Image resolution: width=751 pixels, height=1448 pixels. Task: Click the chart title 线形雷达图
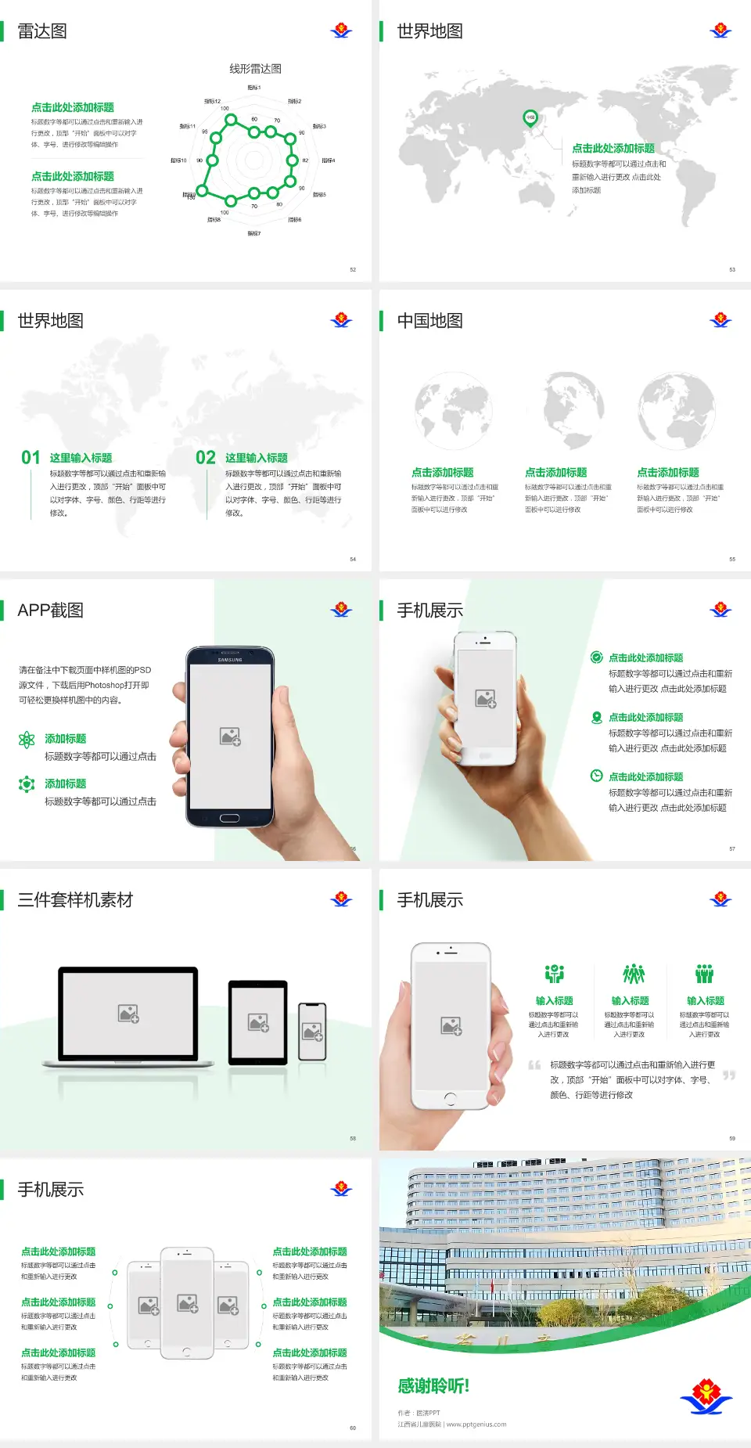255,69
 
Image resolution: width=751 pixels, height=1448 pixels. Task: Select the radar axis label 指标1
254,88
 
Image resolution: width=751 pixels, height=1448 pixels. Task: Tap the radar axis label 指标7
254,233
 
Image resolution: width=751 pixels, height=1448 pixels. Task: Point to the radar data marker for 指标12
231,119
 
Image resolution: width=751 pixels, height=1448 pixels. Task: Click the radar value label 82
305,160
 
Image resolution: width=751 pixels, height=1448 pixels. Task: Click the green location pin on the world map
530,118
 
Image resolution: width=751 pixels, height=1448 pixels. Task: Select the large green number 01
31,458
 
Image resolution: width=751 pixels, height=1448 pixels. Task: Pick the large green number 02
206,458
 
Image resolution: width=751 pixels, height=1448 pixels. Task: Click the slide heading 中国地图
429,321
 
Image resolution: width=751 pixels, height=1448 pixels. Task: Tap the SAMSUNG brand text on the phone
230,660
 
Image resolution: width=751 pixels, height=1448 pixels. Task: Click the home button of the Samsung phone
229,818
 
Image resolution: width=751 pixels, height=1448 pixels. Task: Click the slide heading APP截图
51,611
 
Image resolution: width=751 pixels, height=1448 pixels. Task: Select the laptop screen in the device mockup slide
128,1013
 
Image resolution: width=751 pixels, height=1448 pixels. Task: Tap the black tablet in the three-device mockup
257,1021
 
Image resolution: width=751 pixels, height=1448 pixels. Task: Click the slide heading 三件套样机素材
75,900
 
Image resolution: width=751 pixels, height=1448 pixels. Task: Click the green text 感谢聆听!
433,1386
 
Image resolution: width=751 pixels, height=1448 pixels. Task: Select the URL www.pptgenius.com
476,1425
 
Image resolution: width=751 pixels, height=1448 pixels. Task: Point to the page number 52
353,269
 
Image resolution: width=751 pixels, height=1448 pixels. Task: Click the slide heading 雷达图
42,31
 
